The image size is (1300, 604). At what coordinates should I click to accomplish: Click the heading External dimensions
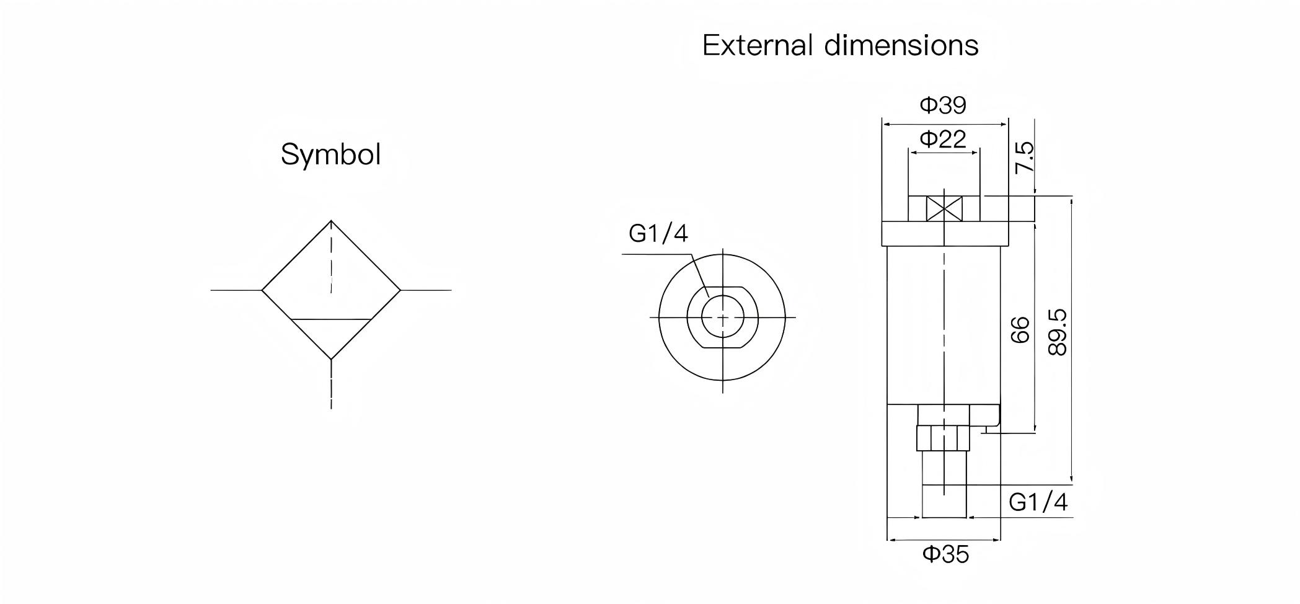pyautogui.click(x=840, y=46)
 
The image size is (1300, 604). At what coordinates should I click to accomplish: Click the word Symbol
pyautogui.click(x=330, y=154)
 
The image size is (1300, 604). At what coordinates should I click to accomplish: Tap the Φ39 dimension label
pyautogui.click(x=943, y=105)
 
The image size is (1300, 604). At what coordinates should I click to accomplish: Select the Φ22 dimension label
pyautogui.click(x=943, y=139)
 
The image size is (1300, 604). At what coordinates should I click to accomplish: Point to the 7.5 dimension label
pyautogui.click(x=1024, y=158)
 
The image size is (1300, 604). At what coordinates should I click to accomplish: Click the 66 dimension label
pyautogui.click(x=1020, y=329)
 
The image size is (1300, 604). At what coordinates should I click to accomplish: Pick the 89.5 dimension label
pyautogui.click(x=1058, y=332)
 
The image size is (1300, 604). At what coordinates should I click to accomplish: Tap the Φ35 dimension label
pyautogui.click(x=945, y=554)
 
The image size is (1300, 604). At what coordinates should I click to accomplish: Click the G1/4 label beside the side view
pyautogui.click(x=1038, y=502)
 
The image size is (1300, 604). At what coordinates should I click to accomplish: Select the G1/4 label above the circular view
pyautogui.click(x=658, y=234)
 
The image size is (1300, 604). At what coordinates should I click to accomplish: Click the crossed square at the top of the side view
pyautogui.click(x=944, y=208)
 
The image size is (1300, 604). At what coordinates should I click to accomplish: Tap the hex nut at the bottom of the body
pyautogui.click(x=943, y=438)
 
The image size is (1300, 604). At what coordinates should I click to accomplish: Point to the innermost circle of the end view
pyautogui.click(x=723, y=317)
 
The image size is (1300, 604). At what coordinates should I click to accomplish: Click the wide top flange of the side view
pyautogui.click(x=944, y=233)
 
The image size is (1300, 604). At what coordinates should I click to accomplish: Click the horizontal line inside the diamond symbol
pyautogui.click(x=331, y=319)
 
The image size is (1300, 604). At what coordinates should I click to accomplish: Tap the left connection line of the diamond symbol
pyautogui.click(x=236, y=290)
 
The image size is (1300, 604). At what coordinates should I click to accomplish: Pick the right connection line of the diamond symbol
pyautogui.click(x=426, y=290)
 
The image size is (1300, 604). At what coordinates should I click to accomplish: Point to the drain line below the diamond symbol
pyautogui.click(x=331, y=384)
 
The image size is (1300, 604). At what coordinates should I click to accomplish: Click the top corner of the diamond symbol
pyautogui.click(x=331, y=221)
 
